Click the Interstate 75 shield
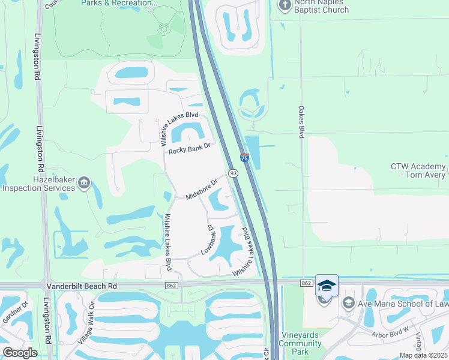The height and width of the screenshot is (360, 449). click(x=244, y=158)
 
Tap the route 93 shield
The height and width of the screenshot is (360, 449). click(x=233, y=173)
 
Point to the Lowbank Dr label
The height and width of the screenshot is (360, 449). click(x=208, y=240)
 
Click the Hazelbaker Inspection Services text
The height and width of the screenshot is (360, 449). click(x=38, y=184)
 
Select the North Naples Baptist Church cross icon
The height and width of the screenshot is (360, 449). click(x=285, y=5)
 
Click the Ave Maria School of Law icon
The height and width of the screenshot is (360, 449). click(x=348, y=304)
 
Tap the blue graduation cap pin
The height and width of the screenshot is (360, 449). click(x=327, y=286)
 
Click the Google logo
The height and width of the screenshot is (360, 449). click(x=20, y=353)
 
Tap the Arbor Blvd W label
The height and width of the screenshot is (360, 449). click(x=389, y=329)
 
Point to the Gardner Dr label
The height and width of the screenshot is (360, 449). click(x=15, y=312)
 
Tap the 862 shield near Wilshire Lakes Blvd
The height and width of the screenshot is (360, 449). click(x=172, y=286)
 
